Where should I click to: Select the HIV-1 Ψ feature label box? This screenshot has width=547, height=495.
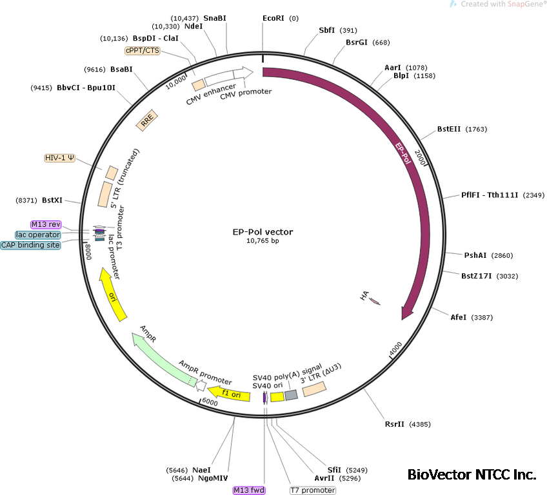[59, 158]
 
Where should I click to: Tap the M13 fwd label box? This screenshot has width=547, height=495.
[249, 490]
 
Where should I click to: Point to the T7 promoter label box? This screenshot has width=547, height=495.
[313, 490]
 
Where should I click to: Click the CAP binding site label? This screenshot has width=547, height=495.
[30, 245]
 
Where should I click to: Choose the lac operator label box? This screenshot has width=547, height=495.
[39, 235]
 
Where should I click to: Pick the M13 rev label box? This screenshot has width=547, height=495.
[46, 224]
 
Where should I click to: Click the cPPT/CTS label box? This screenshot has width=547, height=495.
[143, 50]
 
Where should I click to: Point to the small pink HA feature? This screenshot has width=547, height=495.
[373, 300]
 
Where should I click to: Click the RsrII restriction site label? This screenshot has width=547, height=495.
[399, 424]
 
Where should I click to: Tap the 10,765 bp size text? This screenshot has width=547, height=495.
[263, 241]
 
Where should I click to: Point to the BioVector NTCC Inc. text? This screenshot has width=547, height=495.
[472, 475]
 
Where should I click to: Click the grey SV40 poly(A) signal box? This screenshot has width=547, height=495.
[291, 395]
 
